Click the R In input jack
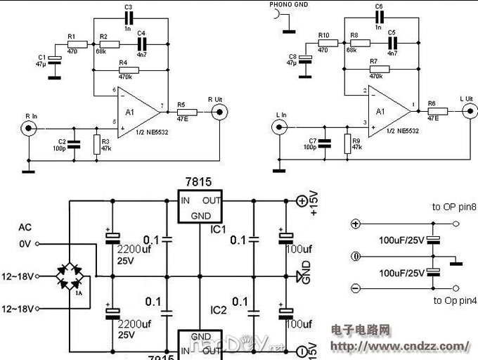[x=29, y=127]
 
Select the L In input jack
[x=280, y=127]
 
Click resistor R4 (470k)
[x=129, y=70]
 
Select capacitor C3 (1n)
[x=128, y=18]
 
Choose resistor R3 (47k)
[x=96, y=144]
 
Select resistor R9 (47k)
[x=347, y=144]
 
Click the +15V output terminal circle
[x=302, y=201]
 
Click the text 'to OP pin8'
[x=455, y=207]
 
